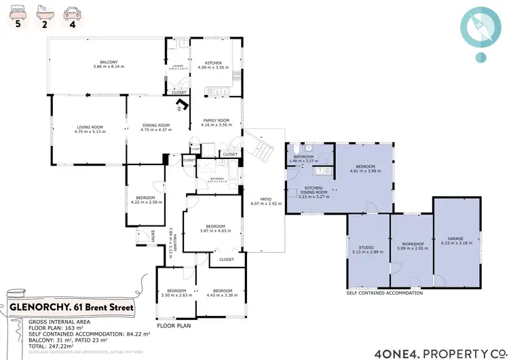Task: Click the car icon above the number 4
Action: click(71, 13)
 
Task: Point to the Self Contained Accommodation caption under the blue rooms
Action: click(384, 293)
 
